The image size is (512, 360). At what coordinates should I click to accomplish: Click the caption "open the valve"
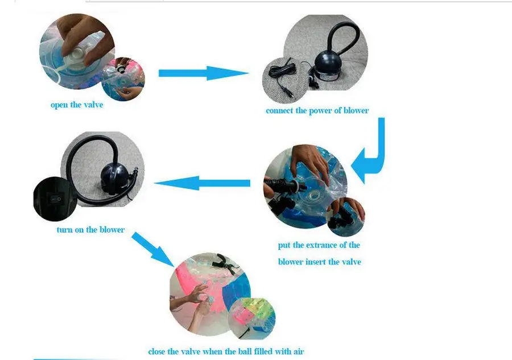77,105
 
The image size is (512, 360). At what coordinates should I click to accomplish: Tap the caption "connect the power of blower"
317,110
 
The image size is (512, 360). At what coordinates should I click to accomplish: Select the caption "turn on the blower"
90,230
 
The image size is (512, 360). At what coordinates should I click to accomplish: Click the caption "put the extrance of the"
319,245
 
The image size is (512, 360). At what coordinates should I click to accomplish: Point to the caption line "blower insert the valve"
319,262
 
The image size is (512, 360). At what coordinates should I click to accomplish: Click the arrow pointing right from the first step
203,73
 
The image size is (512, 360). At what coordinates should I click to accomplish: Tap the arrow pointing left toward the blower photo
202,183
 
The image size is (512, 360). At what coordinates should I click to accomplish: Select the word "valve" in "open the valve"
93,105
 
